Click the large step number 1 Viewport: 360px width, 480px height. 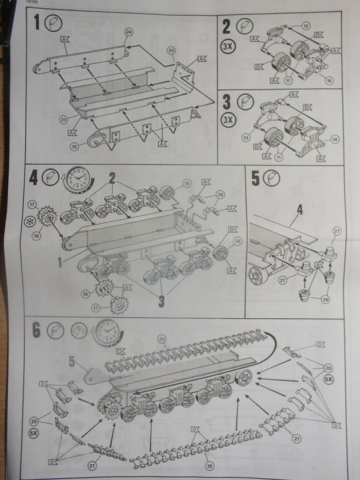click(36, 25)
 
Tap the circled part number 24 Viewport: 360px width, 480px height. click(129, 31)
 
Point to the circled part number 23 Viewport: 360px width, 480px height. click(64, 119)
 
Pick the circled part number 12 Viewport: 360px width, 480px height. click(306, 26)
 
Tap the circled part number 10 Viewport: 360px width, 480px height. click(329, 81)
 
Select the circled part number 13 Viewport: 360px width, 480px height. click(245, 137)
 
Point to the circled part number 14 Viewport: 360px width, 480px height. click(335, 139)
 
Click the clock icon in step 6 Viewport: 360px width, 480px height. click(106, 333)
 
